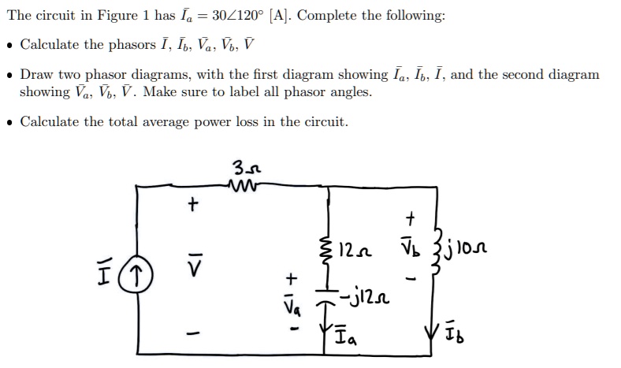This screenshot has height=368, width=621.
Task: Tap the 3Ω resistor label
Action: (x=243, y=167)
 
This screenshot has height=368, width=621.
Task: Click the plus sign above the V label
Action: (x=189, y=206)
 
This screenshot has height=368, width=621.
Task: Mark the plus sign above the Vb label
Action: (x=408, y=216)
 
